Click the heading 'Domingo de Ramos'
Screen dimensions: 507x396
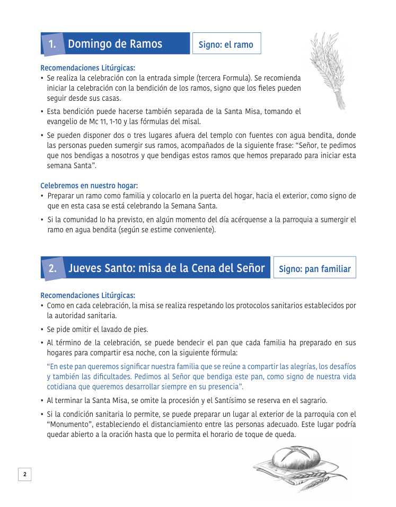(115, 44)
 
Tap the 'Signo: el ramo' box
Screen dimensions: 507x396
(226, 45)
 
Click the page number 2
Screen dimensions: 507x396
(25, 474)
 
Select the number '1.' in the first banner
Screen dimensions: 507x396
(52, 45)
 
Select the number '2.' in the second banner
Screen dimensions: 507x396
(52, 268)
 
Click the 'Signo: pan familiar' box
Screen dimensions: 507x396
(314, 268)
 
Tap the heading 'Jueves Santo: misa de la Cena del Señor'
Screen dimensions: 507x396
(166, 268)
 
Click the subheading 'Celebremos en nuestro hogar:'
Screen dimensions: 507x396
(89, 186)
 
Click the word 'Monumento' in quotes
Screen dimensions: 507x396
(69, 424)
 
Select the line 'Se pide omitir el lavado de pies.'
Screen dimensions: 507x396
(98, 329)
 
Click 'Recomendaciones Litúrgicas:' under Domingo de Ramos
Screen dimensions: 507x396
(87, 68)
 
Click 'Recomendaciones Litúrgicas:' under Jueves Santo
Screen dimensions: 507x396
(87, 295)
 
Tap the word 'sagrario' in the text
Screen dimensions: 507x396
(312, 400)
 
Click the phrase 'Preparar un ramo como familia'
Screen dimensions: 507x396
(95, 196)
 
